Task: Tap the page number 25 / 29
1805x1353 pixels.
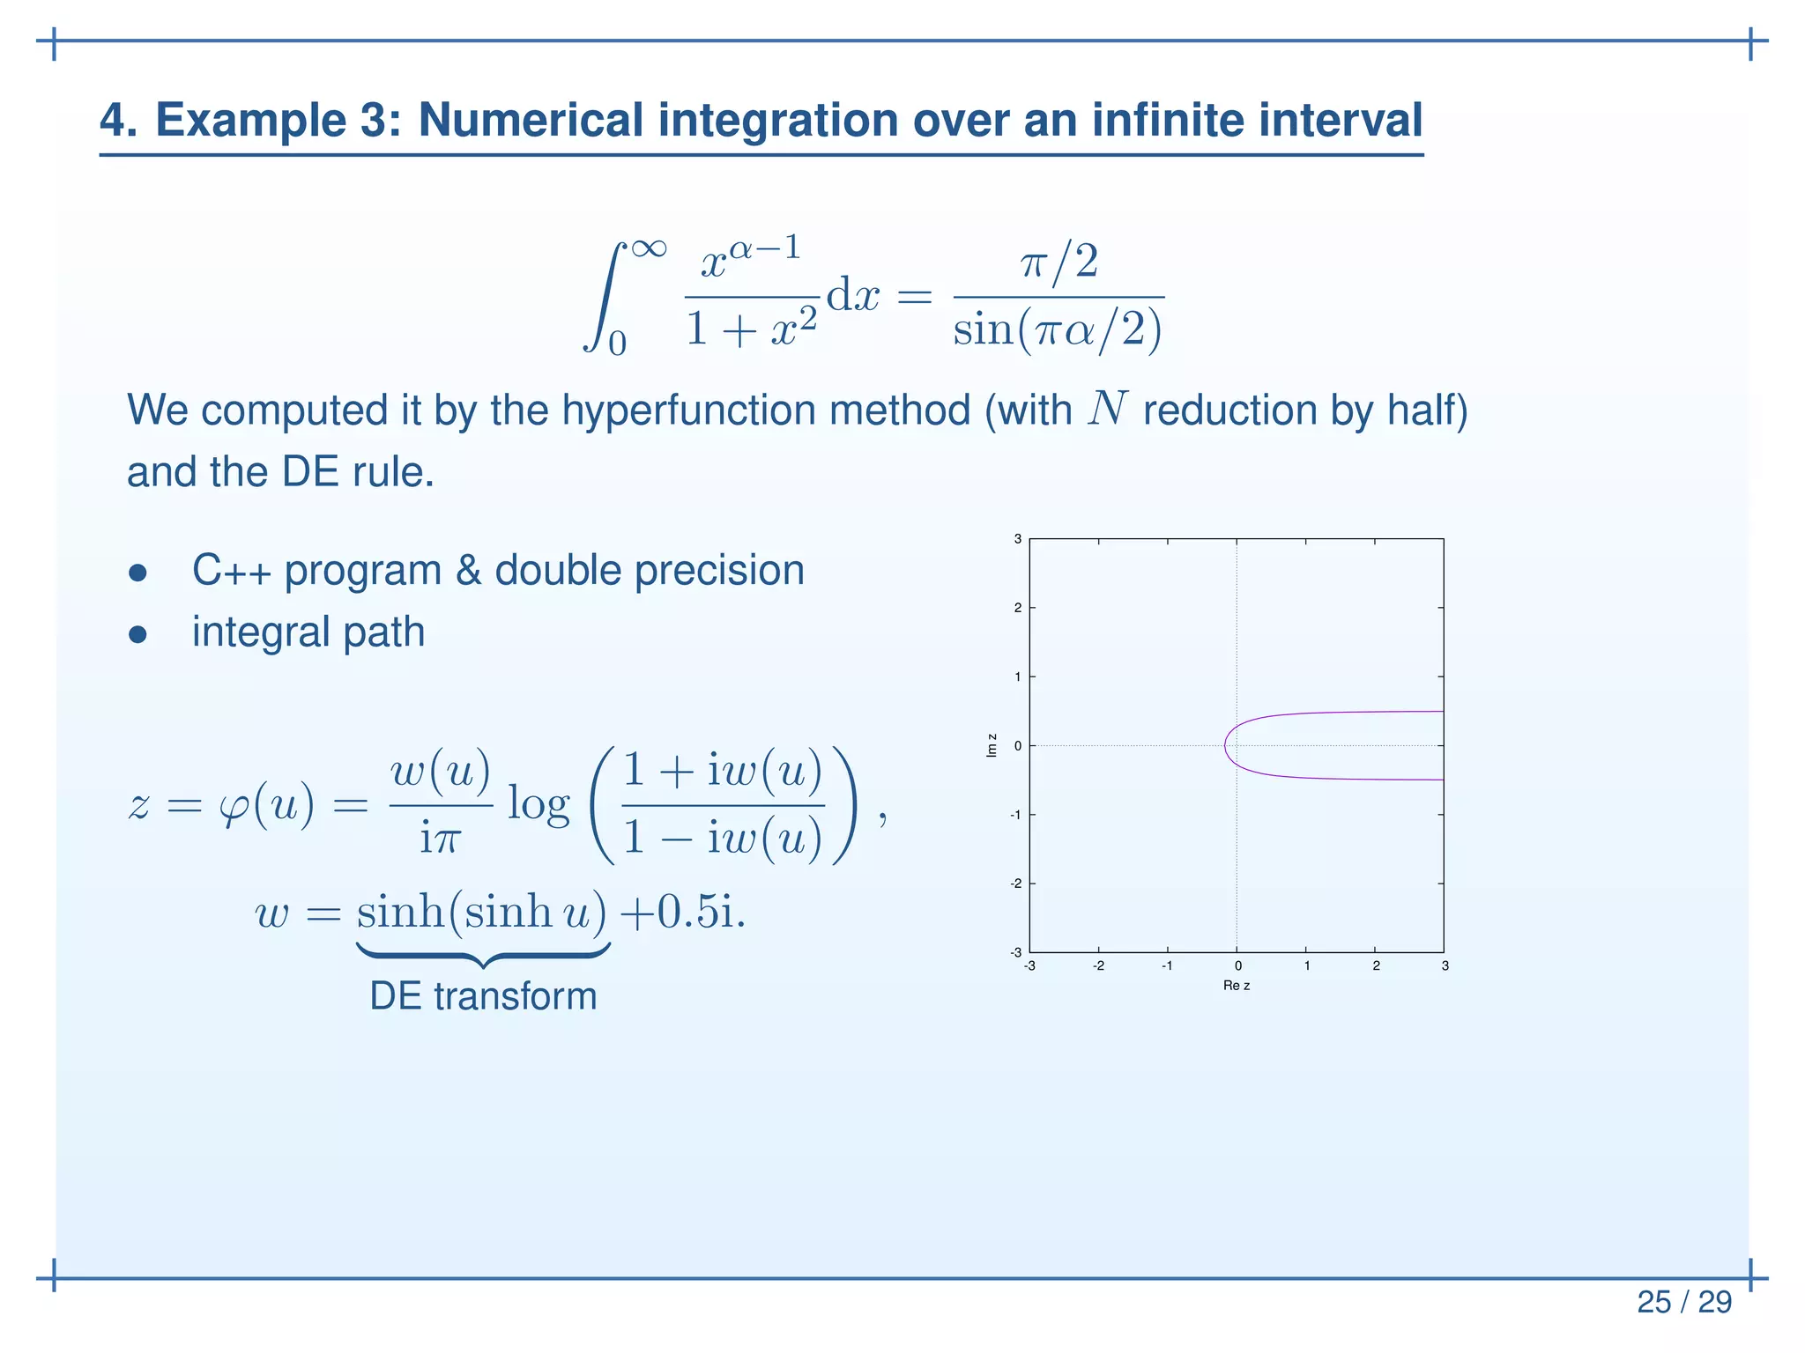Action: click(x=1683, y=1302)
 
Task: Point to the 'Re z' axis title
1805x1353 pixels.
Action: click(x=1236, y=986)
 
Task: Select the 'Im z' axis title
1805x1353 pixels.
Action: click(x=992, y=745)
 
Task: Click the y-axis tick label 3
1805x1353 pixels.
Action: click(x=1017, y=539)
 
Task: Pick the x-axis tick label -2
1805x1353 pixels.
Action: click(x=1098, y=966)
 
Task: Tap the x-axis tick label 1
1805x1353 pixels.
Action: click(x=1306, y=966)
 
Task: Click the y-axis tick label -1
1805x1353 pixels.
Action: click(x=1015, y=815)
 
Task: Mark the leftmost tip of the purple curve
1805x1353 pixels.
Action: click(x=1225, y=746)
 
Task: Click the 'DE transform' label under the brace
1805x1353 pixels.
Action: click(x=483, y=996)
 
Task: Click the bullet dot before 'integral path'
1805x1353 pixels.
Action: click(x=137, y=634)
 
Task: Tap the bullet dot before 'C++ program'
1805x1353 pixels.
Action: click(x=137, y=573)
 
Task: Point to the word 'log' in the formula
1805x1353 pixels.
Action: click(x=539, y=805)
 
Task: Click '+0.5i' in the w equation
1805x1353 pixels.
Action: click(x=681, y=913)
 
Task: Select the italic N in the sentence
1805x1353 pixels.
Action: click(x=1107, y=409)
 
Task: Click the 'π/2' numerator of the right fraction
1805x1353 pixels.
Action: click(x=1058, y=262)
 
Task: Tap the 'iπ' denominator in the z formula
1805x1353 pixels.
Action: click(x=440, y=838)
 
